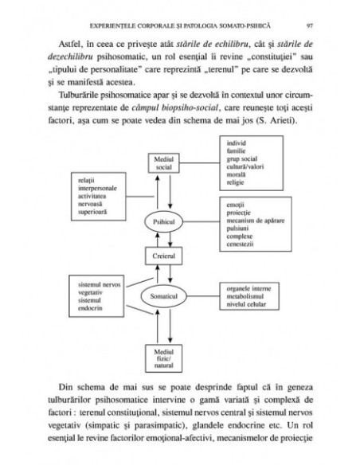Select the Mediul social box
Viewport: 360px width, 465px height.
coord(164,164)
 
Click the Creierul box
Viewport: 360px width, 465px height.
coord(164,256)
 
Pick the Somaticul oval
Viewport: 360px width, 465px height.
coord(164,296)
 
